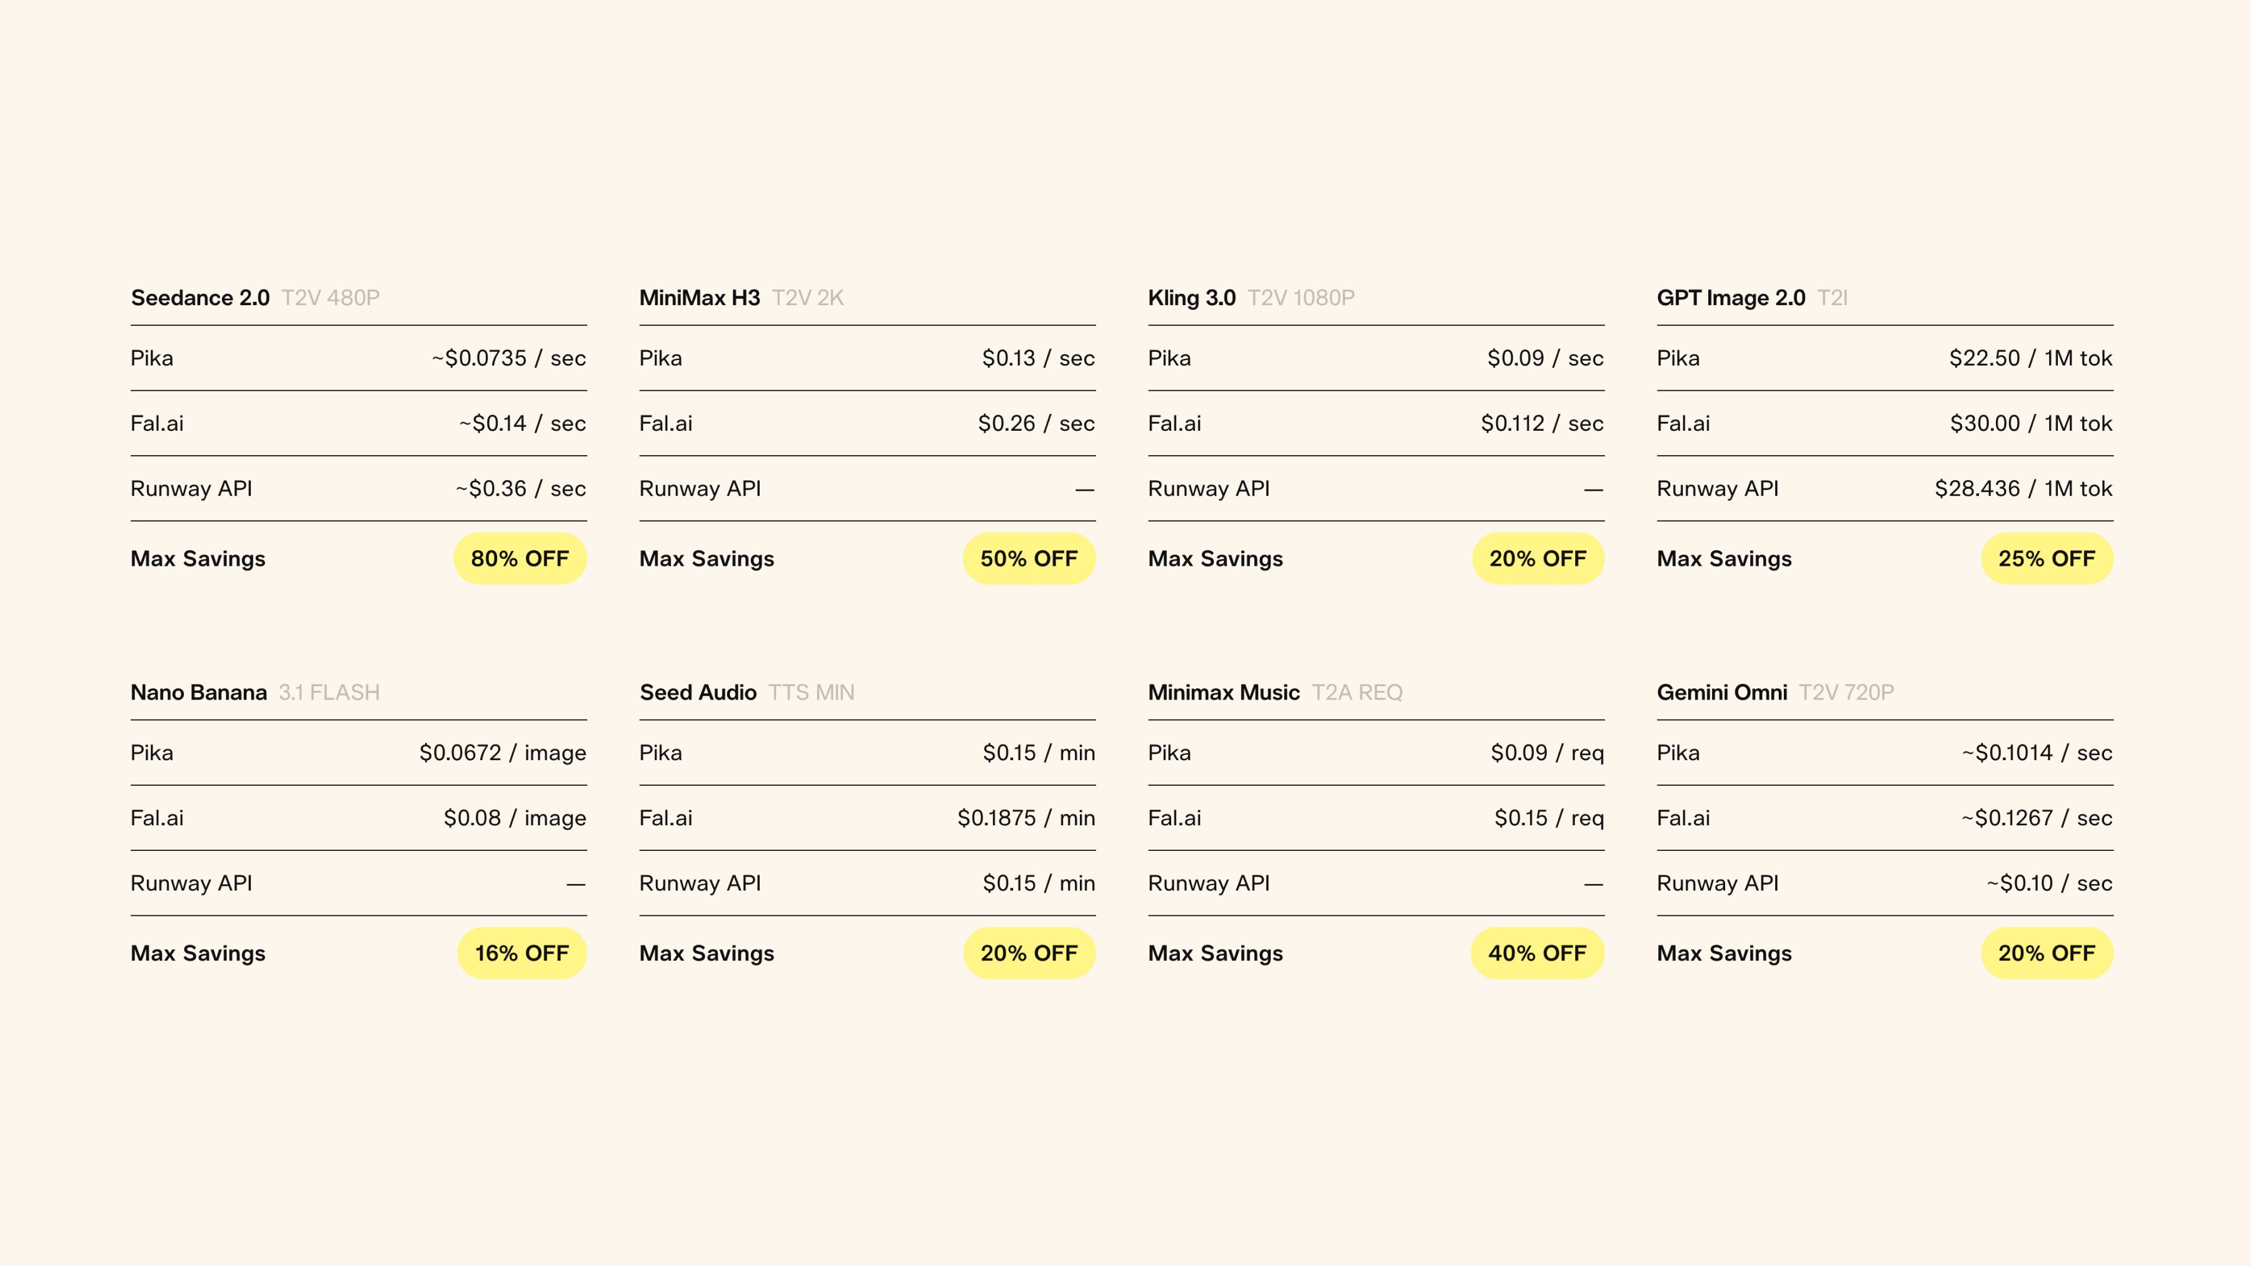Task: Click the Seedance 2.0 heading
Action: [x=200, y=298]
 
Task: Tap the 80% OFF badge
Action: [x=520, y=558]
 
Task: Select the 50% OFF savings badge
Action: [x=1029, y=558]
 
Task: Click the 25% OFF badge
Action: [x=2047, y=558]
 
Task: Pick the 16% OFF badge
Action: [x=521, y=953]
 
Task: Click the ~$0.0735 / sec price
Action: [x=508, y=358]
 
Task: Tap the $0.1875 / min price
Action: [x=1026, y=818]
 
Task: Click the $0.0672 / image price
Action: [x=503, y=753]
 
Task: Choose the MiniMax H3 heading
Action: [x=700, y=298]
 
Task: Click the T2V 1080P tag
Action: [x=1301, y=298]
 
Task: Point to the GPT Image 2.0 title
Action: [x=1731, y=298]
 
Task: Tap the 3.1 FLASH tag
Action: [x=330, y=693]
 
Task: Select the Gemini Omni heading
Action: [x=1723, y=693]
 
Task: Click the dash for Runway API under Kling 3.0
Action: [x=1594, y=490]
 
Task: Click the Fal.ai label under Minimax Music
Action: [x=1174, y=818]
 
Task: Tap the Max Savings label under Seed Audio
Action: [x=707, y=953]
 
